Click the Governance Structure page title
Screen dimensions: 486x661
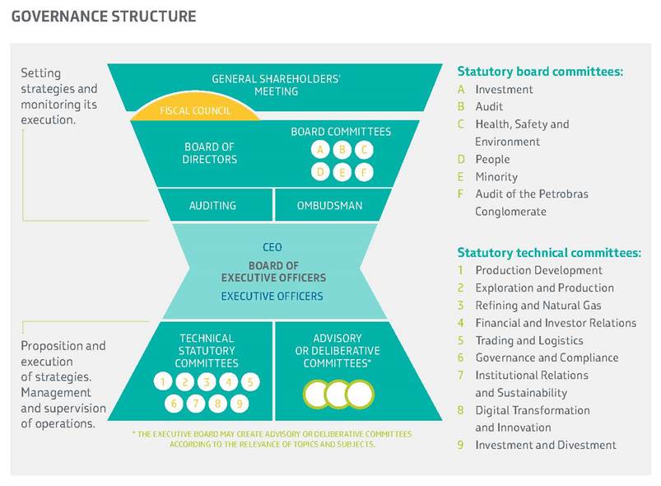point(104,16)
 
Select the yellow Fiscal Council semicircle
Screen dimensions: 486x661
point(196,110)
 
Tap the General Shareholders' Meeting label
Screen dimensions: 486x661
point(276,85)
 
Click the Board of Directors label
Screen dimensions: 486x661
point(209,153)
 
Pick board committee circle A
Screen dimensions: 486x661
point(319,150)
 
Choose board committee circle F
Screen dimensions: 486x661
point(363,172)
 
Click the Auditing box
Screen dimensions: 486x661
point(212,206)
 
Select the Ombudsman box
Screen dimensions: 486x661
point(329,206)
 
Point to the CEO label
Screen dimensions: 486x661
point(272,247)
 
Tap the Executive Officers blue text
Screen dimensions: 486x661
point(272,297)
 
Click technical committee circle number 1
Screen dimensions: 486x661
point(164,382)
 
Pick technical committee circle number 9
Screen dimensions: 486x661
point(240,404)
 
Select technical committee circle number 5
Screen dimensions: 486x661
point(251,382)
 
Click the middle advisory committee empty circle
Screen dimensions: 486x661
point(338,394)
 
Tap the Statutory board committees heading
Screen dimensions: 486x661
point(540,72)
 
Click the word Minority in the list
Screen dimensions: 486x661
point(496,177)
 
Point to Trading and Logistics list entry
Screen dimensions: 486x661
point(528,340)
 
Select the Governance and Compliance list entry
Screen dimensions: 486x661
point(547,357)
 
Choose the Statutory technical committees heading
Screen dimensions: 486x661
point(549,253)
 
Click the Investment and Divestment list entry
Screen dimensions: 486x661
point(545,445)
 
